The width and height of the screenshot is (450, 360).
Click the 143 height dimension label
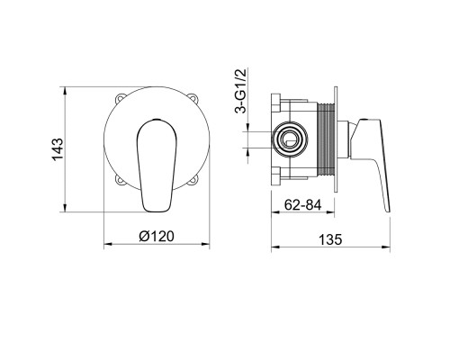pyautogui.click(x=58, y=149)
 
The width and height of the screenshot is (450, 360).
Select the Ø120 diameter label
pyautogui.click(x=157, y=236)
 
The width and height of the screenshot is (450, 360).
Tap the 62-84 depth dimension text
pyautogui.click(x=302, y=205)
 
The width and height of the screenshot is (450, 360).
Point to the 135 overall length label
pyautogui.click(x=330, y=239)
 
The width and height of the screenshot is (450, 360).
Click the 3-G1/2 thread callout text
pyautogui.click(x=240, y=91)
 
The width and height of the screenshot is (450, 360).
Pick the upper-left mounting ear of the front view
pyautogui.click(x=120, y=98)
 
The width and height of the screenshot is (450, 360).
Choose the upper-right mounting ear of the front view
pyautogui.click(x=193, y=98)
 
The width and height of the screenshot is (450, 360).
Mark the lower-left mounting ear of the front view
pyautogui.click(x=120, y=180)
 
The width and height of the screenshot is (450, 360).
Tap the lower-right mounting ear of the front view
pyautogui.click(x=193, y=180)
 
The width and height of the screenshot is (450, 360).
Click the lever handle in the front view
pyautogui.click(x=157, y=166)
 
